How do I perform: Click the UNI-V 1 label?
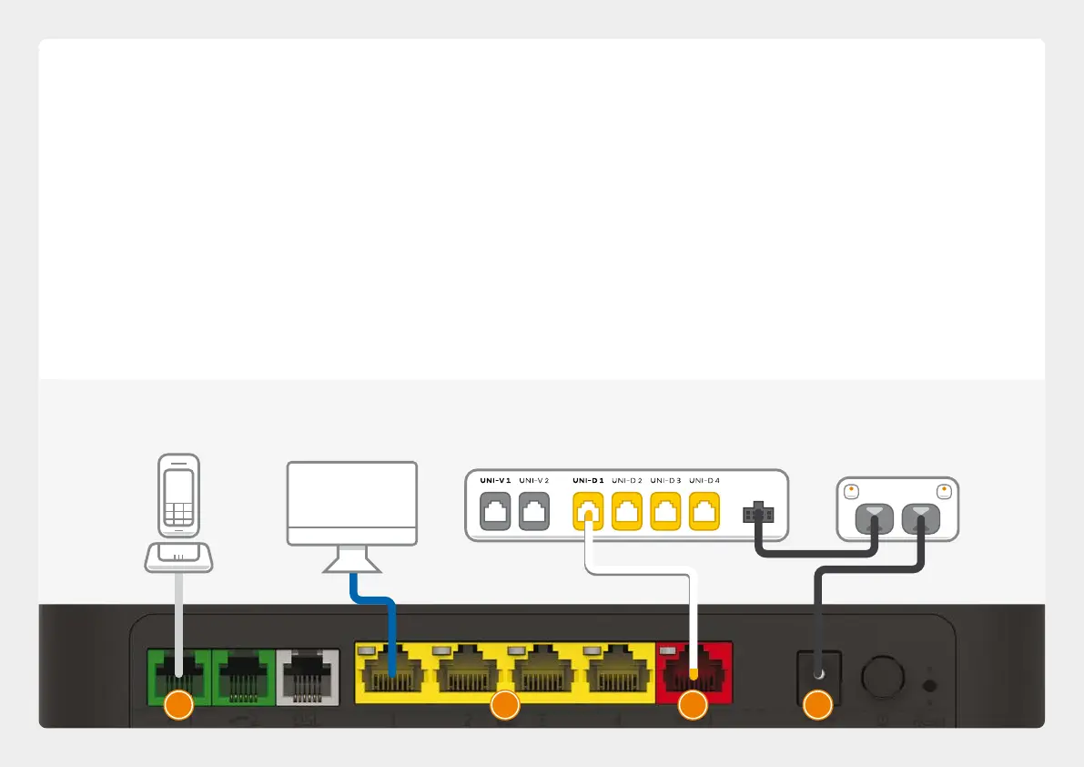point(497,480)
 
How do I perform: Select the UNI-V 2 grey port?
point(535,511)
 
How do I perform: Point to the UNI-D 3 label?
point(666,480)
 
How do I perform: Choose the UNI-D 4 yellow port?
point(705,511)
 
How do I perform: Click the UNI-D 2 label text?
point(627,480)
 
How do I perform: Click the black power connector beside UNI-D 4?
point(758,515)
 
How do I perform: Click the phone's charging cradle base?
point(178,557)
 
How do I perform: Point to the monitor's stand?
point(352,559)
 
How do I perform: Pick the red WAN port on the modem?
point(694,670)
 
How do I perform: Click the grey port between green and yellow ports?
point(307,675)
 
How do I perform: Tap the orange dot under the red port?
point(694,706)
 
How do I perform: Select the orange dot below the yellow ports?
point(504,706)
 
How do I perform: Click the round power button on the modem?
point(881,676)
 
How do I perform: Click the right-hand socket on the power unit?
point(922,520)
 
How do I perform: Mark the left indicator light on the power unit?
point(850,490)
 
